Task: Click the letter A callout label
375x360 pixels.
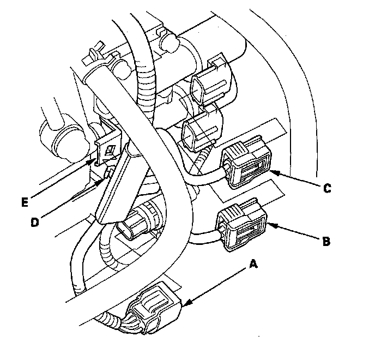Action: click(252, 263)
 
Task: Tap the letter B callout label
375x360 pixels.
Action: click(326, 241)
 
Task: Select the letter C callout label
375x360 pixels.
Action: click(326, 188)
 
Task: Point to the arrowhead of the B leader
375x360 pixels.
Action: click(269, 223)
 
